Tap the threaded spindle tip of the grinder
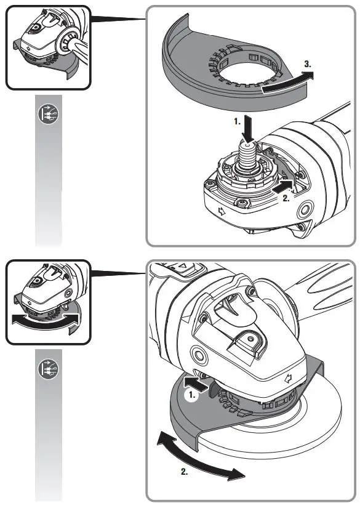point(249,150)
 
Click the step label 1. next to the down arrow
point(237,122)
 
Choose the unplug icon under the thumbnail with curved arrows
point(47,367)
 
